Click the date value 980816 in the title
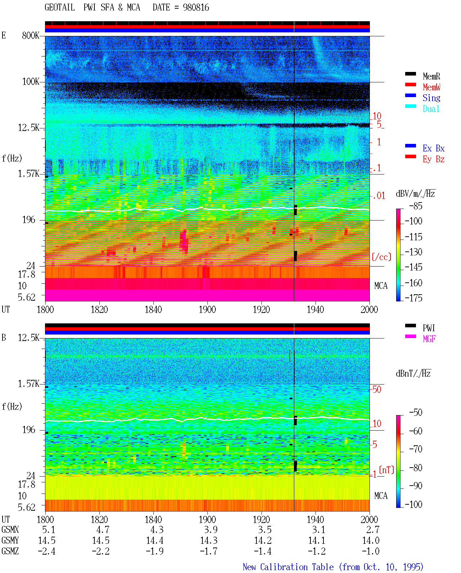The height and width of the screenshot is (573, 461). (196, 8)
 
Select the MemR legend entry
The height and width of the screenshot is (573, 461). (431, 76)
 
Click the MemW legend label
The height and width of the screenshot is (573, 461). (431, 87)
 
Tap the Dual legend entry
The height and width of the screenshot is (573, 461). (431, 109)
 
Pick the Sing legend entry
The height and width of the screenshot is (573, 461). (431, 98)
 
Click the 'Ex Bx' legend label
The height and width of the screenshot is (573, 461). (434, 148)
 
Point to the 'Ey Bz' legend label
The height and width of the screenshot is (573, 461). (434, 159)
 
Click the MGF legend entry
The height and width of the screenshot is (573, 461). (429, 339)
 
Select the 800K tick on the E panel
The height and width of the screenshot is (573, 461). (30, 35)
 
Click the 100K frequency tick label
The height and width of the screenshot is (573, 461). (30, 82)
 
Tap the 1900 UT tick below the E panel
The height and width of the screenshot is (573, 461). (207, 309)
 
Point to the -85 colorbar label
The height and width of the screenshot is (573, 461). (416, 206)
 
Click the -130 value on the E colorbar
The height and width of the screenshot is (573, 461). (413, 252)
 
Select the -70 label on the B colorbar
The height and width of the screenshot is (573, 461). (416, 449)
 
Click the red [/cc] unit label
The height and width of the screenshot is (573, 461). (381, 257)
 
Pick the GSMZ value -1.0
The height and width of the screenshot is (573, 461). (371, 551)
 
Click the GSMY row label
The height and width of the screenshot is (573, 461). (10, 540)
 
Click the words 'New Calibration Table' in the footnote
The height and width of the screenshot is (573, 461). (288, 567)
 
